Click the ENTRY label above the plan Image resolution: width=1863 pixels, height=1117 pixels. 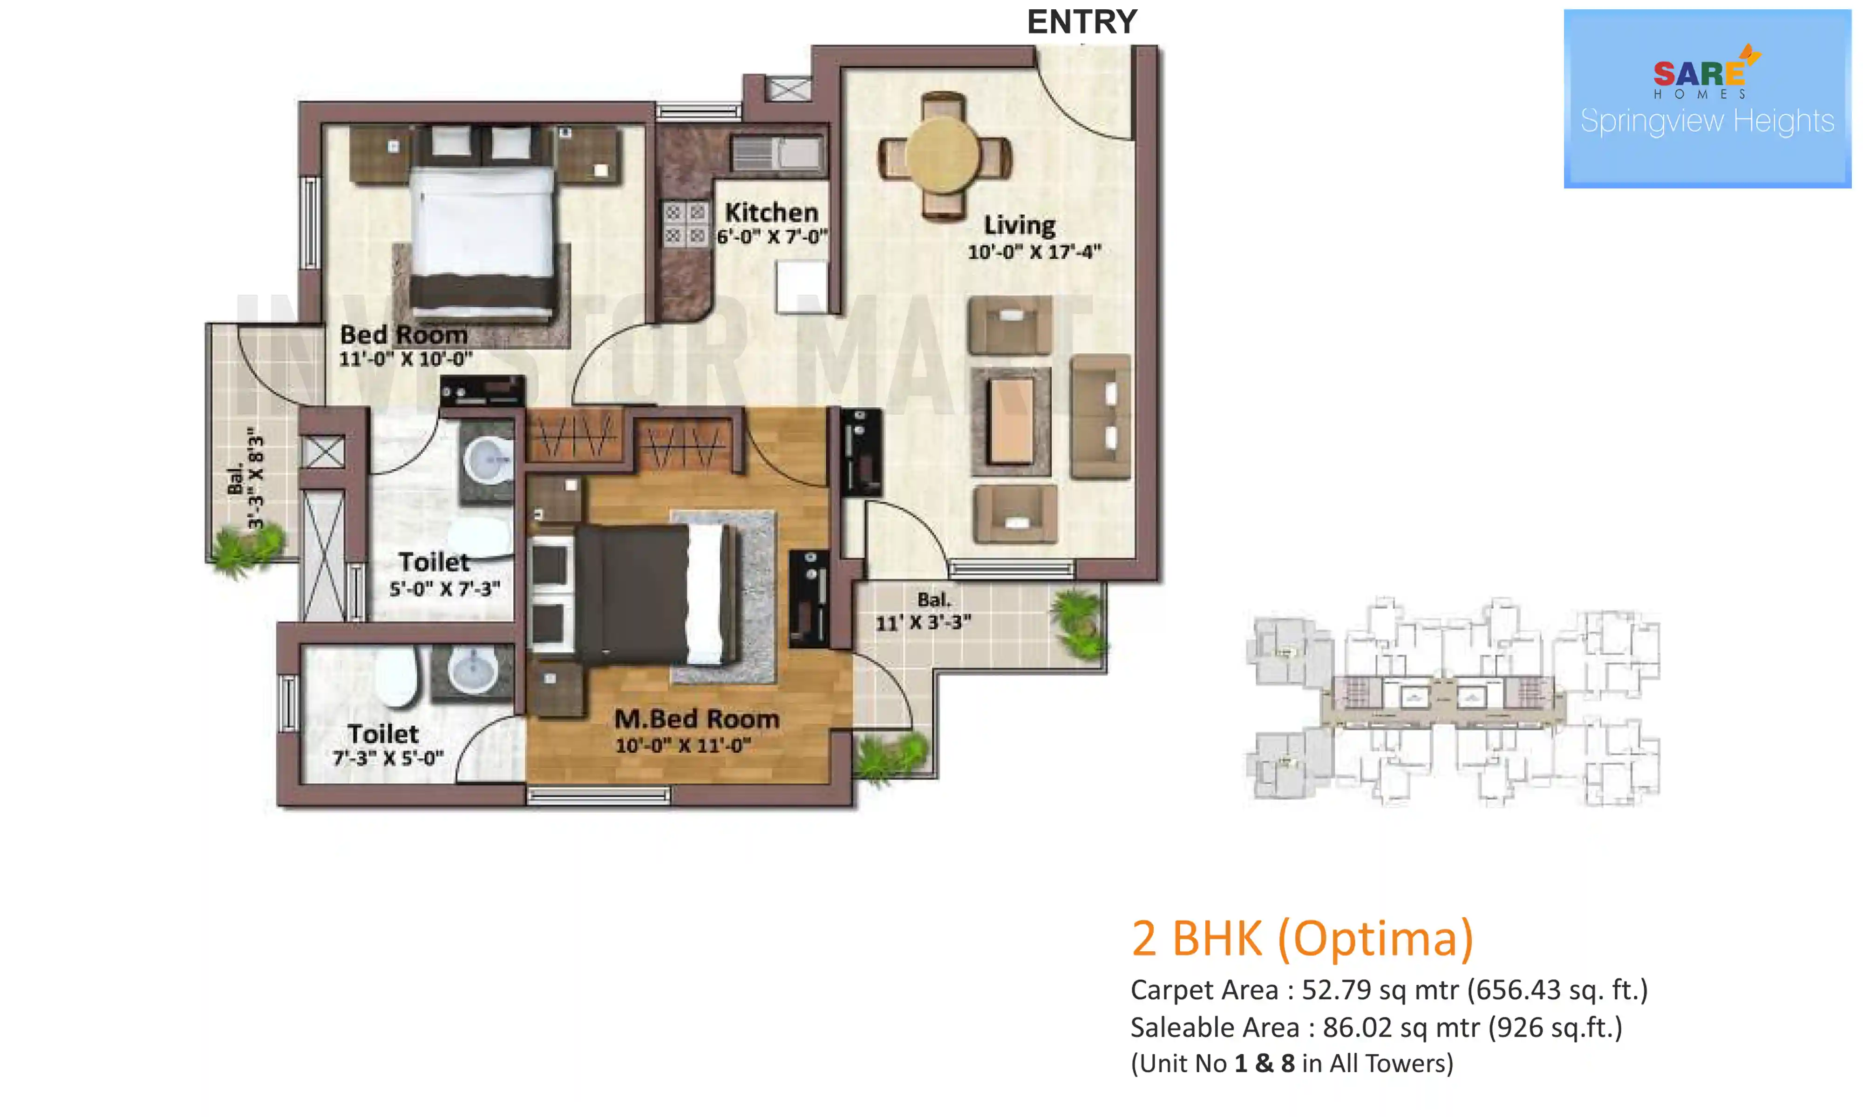pos(1081,22)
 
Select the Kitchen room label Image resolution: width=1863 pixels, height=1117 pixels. pos(771,212)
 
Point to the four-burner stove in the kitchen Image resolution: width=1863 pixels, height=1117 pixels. pos(685,223)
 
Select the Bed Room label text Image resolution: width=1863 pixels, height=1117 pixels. pos(404,334)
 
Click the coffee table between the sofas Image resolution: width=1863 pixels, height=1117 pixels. pos(1011,421)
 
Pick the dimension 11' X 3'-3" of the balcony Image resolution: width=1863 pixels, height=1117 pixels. pos(923,622)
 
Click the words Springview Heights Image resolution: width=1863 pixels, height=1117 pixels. pos(1707,121)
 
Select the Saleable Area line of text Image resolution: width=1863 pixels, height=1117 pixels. pos(1376,1028)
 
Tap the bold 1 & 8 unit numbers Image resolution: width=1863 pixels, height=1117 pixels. pos(1265,1063)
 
